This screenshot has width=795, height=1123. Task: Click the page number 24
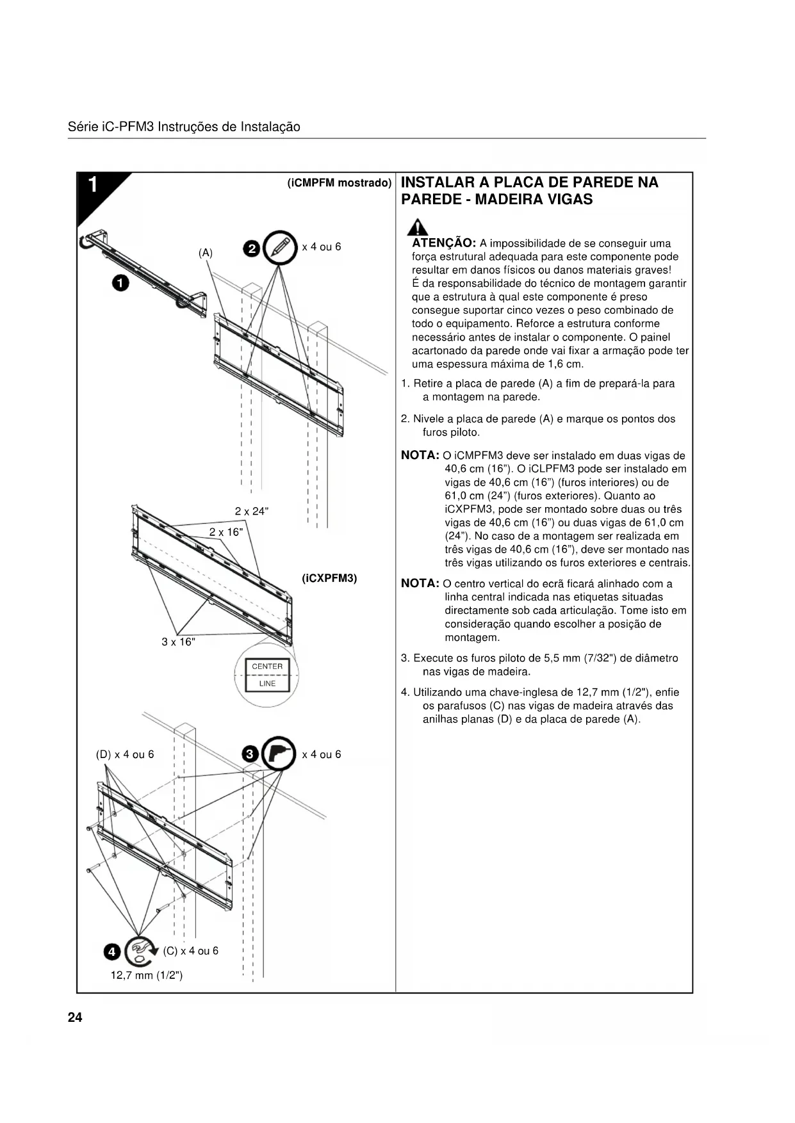click(x=75, y=1017)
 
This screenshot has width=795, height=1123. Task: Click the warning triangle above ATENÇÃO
click(x=419, y=227)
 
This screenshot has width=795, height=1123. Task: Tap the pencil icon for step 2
click(x=280, y=246)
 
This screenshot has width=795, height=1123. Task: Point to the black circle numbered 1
click(x=120, y=282)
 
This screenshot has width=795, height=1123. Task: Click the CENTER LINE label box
click(x=267, y=675)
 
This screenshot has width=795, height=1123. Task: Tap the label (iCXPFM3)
click(x=329, y=578)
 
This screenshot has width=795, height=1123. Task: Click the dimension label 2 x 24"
click(x=252, y=511)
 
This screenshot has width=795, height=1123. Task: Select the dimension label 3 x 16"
click(x=178, y=642)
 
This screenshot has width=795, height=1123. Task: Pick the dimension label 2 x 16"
click(x=226, y=532)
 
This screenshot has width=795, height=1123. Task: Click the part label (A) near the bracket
click(x=206, y=253)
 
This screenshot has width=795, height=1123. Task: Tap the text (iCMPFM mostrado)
click(x=340, y=183)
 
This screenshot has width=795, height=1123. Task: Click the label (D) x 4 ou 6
click(x=125, y=754)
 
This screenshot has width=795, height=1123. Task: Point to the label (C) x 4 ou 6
click(x=191, y=951)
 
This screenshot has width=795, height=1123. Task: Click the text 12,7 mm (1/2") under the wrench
click(x=147, y=975)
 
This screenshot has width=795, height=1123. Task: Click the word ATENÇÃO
click(x=443, y=243)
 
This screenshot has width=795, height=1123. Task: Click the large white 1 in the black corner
click(x=93, y=185)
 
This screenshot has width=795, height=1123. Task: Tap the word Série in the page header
click(x=82, y=127)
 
